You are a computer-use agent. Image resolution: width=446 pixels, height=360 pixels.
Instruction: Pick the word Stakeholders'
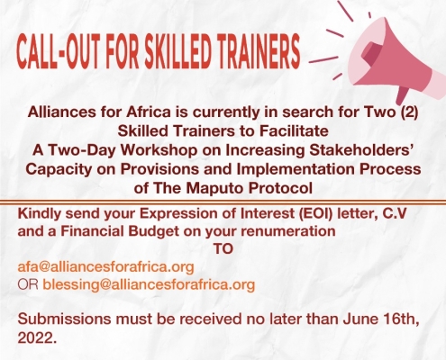360,150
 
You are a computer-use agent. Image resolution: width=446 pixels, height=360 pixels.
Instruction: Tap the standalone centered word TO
223,248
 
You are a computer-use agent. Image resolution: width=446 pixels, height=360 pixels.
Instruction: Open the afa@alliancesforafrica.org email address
105,266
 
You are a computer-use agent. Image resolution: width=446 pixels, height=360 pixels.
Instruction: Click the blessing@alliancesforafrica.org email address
149,284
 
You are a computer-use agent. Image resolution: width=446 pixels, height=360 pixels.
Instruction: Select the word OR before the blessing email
28,284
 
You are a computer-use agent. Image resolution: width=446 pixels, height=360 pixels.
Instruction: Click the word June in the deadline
357,319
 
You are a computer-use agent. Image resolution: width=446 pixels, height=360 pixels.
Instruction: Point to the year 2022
37,338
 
